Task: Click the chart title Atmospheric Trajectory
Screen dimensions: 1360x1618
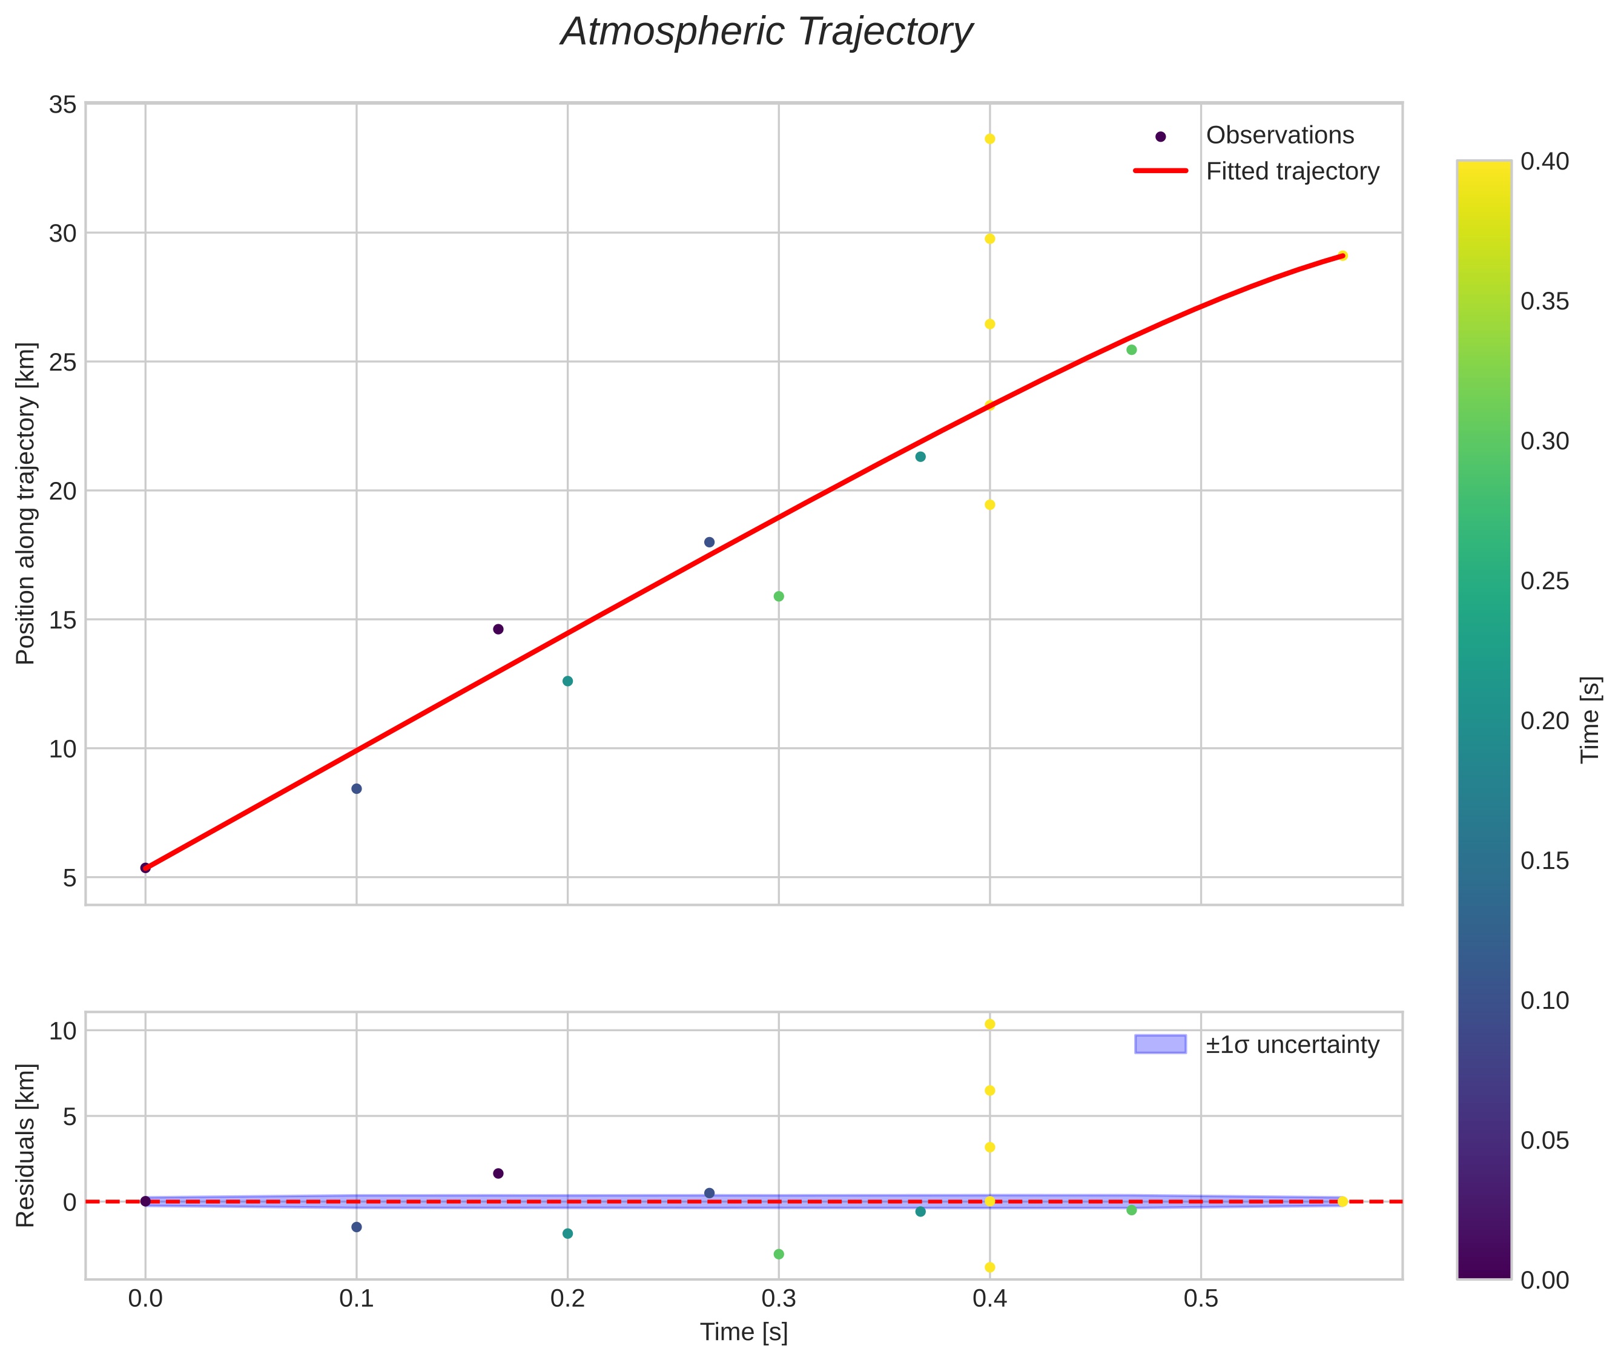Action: point(766,32)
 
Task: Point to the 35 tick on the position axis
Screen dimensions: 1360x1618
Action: point(62,105)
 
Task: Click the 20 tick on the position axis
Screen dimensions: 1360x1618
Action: point(62,491)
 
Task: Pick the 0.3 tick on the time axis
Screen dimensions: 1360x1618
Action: point(779,1299)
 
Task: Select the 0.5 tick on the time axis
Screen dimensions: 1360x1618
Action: point(1200,1299)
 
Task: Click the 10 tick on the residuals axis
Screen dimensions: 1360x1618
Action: point(62,1031)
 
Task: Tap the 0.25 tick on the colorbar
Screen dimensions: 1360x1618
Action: point(1544,581)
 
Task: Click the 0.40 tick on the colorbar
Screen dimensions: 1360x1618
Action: point(1544,162)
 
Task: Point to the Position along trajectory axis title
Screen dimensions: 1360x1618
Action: point(26,503)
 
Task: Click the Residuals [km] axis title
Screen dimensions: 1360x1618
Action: point(26,1145)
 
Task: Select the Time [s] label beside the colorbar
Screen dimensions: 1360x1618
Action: point(1590,719)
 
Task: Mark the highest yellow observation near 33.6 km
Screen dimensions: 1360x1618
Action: point(990,139)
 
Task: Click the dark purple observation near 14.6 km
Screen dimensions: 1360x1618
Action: point(498,629)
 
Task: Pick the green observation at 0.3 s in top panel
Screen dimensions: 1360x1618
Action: point(779,596)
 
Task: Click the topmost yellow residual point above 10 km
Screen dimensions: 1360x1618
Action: point(990,1024)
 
